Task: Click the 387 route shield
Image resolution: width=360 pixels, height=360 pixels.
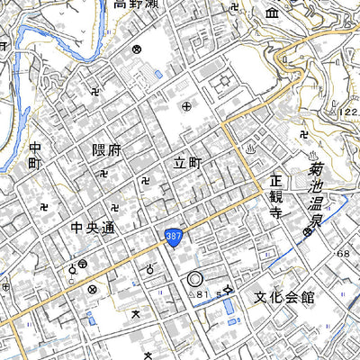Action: (x=174, y=237)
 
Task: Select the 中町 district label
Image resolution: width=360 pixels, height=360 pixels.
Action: (x=34, y=158)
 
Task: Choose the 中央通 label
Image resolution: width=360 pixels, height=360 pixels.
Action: (x=94, y=229)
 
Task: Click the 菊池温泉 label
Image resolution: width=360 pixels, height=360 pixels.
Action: (x=315, y=193)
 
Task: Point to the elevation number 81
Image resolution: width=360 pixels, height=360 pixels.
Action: (x=202, y=294)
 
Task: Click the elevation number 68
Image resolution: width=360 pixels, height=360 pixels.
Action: (x=342, y=255)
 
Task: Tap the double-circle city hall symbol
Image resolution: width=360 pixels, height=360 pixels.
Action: (x=195, y=281)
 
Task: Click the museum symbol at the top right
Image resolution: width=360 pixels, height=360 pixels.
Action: (x=273, y=13)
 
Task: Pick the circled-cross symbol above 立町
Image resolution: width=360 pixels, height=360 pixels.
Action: (x=187, y=107)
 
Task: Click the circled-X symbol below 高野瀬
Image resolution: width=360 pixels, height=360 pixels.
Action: (x=138, y=50)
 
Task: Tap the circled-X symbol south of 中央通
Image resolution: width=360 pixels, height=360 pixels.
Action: (x=93, y=290)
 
